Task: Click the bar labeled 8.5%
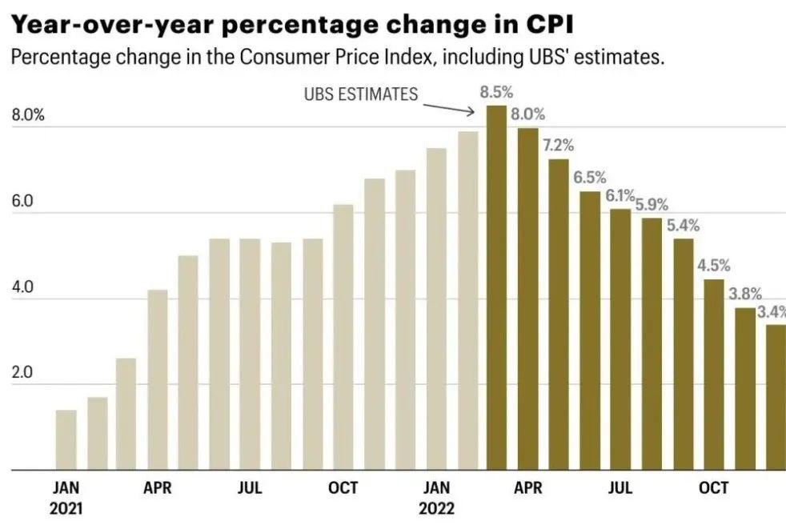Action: [496, 288]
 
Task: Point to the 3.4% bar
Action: [776, 397]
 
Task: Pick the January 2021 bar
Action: [66, 440]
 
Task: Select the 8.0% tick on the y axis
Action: [28, 114]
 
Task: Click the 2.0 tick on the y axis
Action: [22, 373]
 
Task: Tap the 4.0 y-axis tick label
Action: [22, 287]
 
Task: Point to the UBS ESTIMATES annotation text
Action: [361, 94]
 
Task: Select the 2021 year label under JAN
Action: [66, 507]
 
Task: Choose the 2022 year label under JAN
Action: [437, 507]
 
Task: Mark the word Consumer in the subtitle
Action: [277, 58]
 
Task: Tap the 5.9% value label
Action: [652, 204]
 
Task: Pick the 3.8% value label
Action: [744, 294]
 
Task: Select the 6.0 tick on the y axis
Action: [22, 201]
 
